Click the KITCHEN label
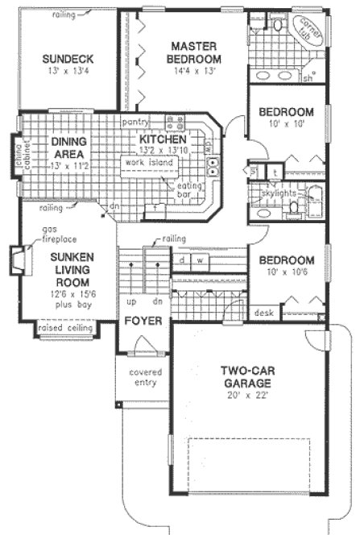click(162, 139)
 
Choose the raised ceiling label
click(65, 329)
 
